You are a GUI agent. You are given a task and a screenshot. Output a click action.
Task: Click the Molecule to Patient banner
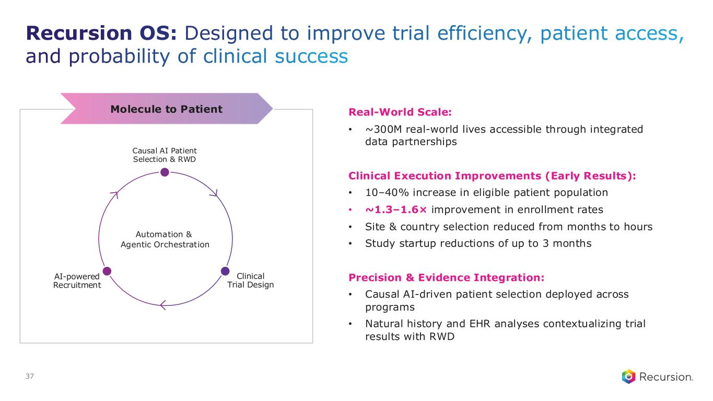[x=166, y=109]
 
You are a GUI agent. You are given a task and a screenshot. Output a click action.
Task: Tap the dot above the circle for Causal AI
[x=165, y=172]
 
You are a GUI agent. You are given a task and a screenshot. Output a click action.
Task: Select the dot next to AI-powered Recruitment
[x=107, y=271]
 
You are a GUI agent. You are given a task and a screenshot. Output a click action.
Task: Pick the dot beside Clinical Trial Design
[x=225, y=271]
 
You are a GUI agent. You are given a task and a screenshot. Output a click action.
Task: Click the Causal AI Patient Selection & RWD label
[x=165, y=155]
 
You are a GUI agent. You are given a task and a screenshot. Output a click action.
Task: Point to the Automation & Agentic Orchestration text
[x=165, y=240]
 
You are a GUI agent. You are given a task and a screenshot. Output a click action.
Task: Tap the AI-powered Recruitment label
[x=77, y=280]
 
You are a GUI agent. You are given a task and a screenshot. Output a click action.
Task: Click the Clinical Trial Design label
[x=250, y=280]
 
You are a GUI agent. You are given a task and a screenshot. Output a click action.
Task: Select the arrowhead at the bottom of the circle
[x=163, y=304]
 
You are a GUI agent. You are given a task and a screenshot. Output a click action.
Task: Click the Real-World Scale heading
[x=400, y=112]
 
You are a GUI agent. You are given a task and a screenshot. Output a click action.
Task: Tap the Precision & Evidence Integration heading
[x=446, y=277]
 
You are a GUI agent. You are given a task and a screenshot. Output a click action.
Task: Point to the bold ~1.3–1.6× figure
[x=396, y=210]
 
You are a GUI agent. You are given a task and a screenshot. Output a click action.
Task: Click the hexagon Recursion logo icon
[x=629, y=376]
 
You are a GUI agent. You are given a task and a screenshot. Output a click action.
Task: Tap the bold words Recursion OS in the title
[x=102, y=34]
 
